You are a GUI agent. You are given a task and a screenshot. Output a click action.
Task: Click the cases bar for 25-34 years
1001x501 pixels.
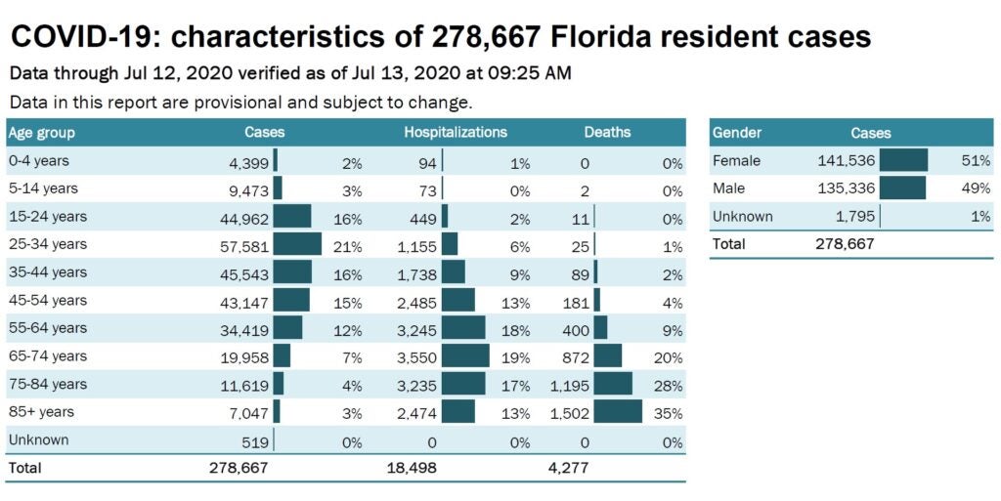(297, 244)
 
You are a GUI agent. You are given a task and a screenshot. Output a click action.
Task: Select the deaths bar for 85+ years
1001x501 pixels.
(618, 412)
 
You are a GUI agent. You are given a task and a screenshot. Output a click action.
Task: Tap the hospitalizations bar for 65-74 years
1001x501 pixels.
(465, 355)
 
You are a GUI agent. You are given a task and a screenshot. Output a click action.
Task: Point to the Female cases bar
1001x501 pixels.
(903, 160)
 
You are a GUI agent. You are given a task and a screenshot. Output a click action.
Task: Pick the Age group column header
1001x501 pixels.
(41, 133)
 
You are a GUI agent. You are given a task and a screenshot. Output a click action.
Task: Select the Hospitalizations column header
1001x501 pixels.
(456, 132)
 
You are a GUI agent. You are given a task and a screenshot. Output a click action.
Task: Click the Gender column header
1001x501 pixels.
(737, 133)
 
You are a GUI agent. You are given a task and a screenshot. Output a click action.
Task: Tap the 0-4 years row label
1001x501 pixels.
(39, 160)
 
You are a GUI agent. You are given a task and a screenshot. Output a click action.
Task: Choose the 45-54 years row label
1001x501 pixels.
(48, 300)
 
